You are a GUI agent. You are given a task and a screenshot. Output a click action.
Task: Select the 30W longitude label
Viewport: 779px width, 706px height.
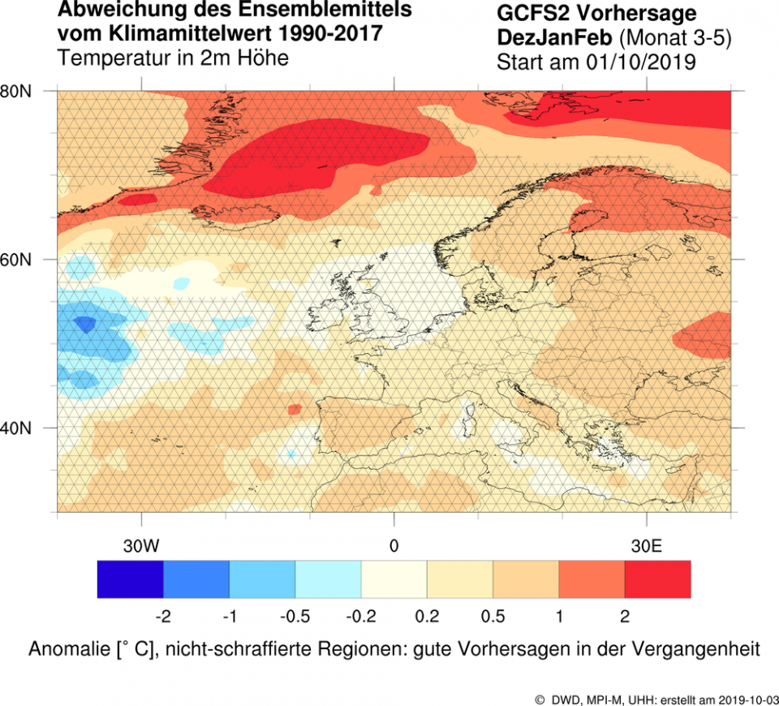click(x=141, y=545)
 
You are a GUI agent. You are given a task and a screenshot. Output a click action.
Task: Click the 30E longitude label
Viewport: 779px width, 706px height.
click(x=646, y=545)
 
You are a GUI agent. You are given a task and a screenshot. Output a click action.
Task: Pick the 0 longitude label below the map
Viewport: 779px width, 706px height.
click(x=394, y=545)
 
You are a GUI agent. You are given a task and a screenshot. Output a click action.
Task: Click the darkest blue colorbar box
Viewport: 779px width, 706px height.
click(x=130, y=579)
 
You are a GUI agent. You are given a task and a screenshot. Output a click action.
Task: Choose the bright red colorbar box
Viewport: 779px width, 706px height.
click(x=658, y=579)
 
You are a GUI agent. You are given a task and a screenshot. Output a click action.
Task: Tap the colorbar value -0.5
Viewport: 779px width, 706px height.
click(x=295, y=618)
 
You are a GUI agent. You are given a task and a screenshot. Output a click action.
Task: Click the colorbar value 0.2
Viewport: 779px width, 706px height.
click(x=427, y=618)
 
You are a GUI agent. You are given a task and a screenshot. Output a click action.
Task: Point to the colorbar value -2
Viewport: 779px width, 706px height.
click(x=162, y=618)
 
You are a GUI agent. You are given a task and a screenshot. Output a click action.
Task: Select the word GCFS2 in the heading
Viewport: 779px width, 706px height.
click(x=530, y=14)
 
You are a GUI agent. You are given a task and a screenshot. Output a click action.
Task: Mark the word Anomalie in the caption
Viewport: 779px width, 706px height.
click(x=67, y=650)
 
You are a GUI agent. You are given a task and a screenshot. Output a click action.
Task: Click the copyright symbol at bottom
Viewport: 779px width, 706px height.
click(x=540, y=699)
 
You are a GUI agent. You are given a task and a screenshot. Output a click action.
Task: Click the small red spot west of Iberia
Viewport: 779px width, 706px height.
click(x=295, y=409)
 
